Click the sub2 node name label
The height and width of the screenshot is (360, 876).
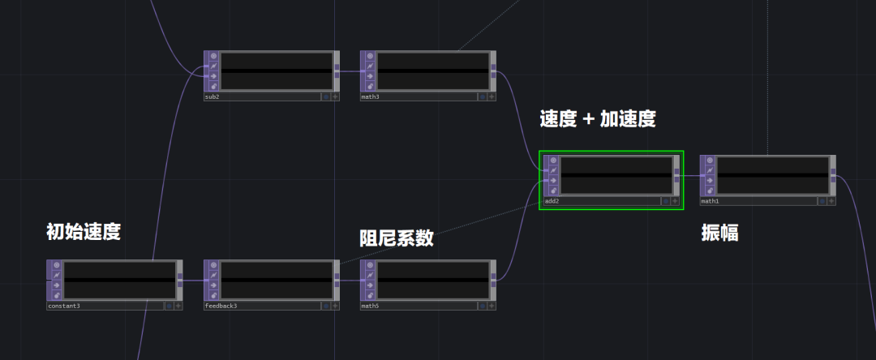pyautogui.click(x=212, y=96)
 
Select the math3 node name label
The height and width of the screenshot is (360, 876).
pyautogui.click(x=370, y=96)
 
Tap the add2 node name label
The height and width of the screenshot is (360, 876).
pyautogui.click(x=552, y=201)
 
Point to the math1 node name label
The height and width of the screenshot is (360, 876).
pyautogui.click(x=710, y=201)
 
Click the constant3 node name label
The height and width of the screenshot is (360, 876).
pyautogui.click(x=64, y=306)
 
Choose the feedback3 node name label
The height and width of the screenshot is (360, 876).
pyautogui.click(x=221, y=306)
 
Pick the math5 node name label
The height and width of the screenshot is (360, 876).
pyautogui.click(x=370, y=306)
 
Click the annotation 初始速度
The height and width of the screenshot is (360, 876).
pyautogui.click(x=84, y=232)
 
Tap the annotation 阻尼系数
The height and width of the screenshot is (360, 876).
pyautogui.click(x=397, y=238)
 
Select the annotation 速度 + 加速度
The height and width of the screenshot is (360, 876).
pyautogui.click(x=598, y=119)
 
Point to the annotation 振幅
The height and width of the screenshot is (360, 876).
pyautogui.click(x=719, y=233)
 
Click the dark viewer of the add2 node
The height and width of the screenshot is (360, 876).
pyautogui.click(x=616, y=174)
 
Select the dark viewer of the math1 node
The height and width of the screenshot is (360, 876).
pyautogui.click(x=773, y=174)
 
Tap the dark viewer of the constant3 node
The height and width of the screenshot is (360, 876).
pyautogui.click(x=120, y=279)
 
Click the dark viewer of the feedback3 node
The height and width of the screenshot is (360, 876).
pyautogui.click(x=277, y=279)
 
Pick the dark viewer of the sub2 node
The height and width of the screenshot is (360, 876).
pyautogui.click(x=277, y=71)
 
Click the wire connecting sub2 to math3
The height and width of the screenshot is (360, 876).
pyautogui.click(x=350, y=71)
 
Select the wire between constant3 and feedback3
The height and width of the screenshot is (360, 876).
pyautogui.click(x=193, y=281)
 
